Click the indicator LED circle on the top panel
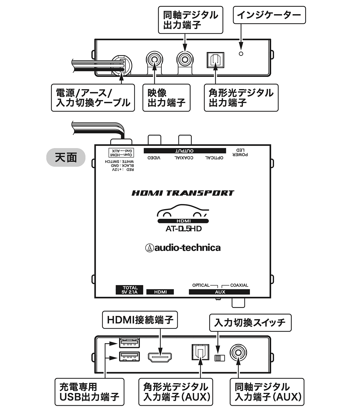click(241, 54)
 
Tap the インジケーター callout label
click(269, 15)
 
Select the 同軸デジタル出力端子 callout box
click(190, 20)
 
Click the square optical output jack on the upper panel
click(215, 60)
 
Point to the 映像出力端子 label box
click(166, 98)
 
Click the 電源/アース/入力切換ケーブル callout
click(93, 98)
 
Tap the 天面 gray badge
click(66, 157)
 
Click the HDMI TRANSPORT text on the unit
click(183, 193)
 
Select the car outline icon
click(183, 211)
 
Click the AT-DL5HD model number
click(184, 229)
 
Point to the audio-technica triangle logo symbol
click(150, 248)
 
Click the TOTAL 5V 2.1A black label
click(129, 290)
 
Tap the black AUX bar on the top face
click(219, 292)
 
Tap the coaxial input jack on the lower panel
click(238, 353)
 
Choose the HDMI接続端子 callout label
click(140, 320)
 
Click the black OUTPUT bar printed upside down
click(185, 151)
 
